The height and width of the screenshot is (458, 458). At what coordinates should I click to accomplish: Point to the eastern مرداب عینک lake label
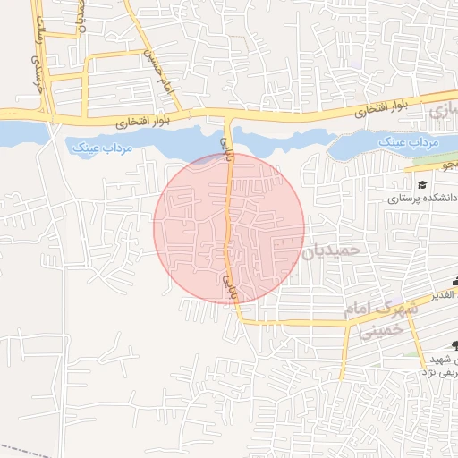(409, 142)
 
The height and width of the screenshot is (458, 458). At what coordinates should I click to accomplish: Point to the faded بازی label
(439, 112)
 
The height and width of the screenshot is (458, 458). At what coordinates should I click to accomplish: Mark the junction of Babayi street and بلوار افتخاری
(229, 114)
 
